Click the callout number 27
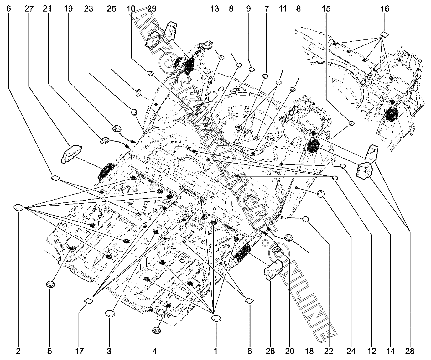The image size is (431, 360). point(29,8)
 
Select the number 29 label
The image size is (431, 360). point(152,8)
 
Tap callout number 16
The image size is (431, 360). point(385,8)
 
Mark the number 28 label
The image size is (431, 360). point(410,352)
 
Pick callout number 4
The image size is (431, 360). point(154,352)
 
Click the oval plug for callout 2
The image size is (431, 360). point(19,207)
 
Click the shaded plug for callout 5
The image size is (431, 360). point(50,284)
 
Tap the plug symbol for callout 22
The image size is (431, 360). point(306,220)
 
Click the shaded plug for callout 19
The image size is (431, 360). point(117,128)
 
